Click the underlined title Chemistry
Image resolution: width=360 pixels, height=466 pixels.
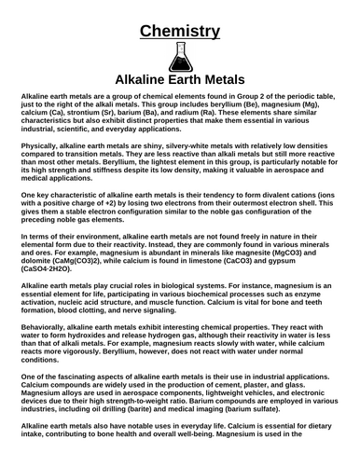tap(180, 34)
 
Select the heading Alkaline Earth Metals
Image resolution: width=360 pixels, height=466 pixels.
tap(180, 82)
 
